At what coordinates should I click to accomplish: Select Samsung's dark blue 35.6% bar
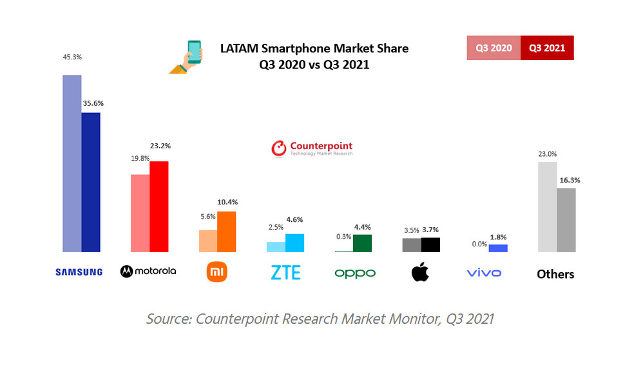pos(90,182)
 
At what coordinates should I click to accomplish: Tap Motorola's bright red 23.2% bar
pos(158,206)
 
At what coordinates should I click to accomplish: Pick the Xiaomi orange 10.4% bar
pos(226,232)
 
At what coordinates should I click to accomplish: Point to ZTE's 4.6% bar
pos(294,243)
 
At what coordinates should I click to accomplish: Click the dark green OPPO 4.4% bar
pos(362,243)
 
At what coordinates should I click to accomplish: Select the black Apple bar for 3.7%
pos(430,244)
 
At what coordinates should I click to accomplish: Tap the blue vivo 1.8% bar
pos(498,248)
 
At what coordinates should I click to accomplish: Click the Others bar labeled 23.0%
pos(547,206)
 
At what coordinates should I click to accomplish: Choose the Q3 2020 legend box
pos(494,48)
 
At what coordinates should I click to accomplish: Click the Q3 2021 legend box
pos(546,48)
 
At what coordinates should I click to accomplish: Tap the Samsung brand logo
pos(79,272)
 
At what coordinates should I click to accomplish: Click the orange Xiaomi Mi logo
pos(217,273)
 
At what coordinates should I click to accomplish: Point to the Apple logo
pos(421,272)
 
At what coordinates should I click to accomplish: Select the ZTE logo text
pos(285,273)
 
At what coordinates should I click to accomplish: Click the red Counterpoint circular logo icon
pos(278,149)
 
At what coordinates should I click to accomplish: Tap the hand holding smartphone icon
pos(186,57)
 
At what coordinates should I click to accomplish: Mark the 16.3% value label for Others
pos(567,180)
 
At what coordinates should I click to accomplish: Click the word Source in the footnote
pos(168,319)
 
